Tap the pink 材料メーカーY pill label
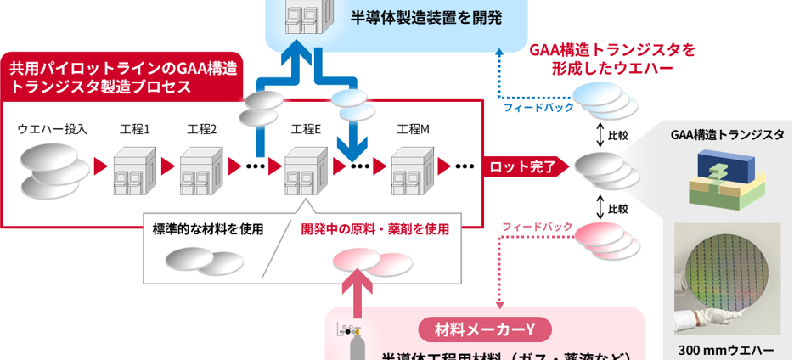484,329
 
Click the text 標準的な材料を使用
208,228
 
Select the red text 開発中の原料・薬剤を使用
374,228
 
